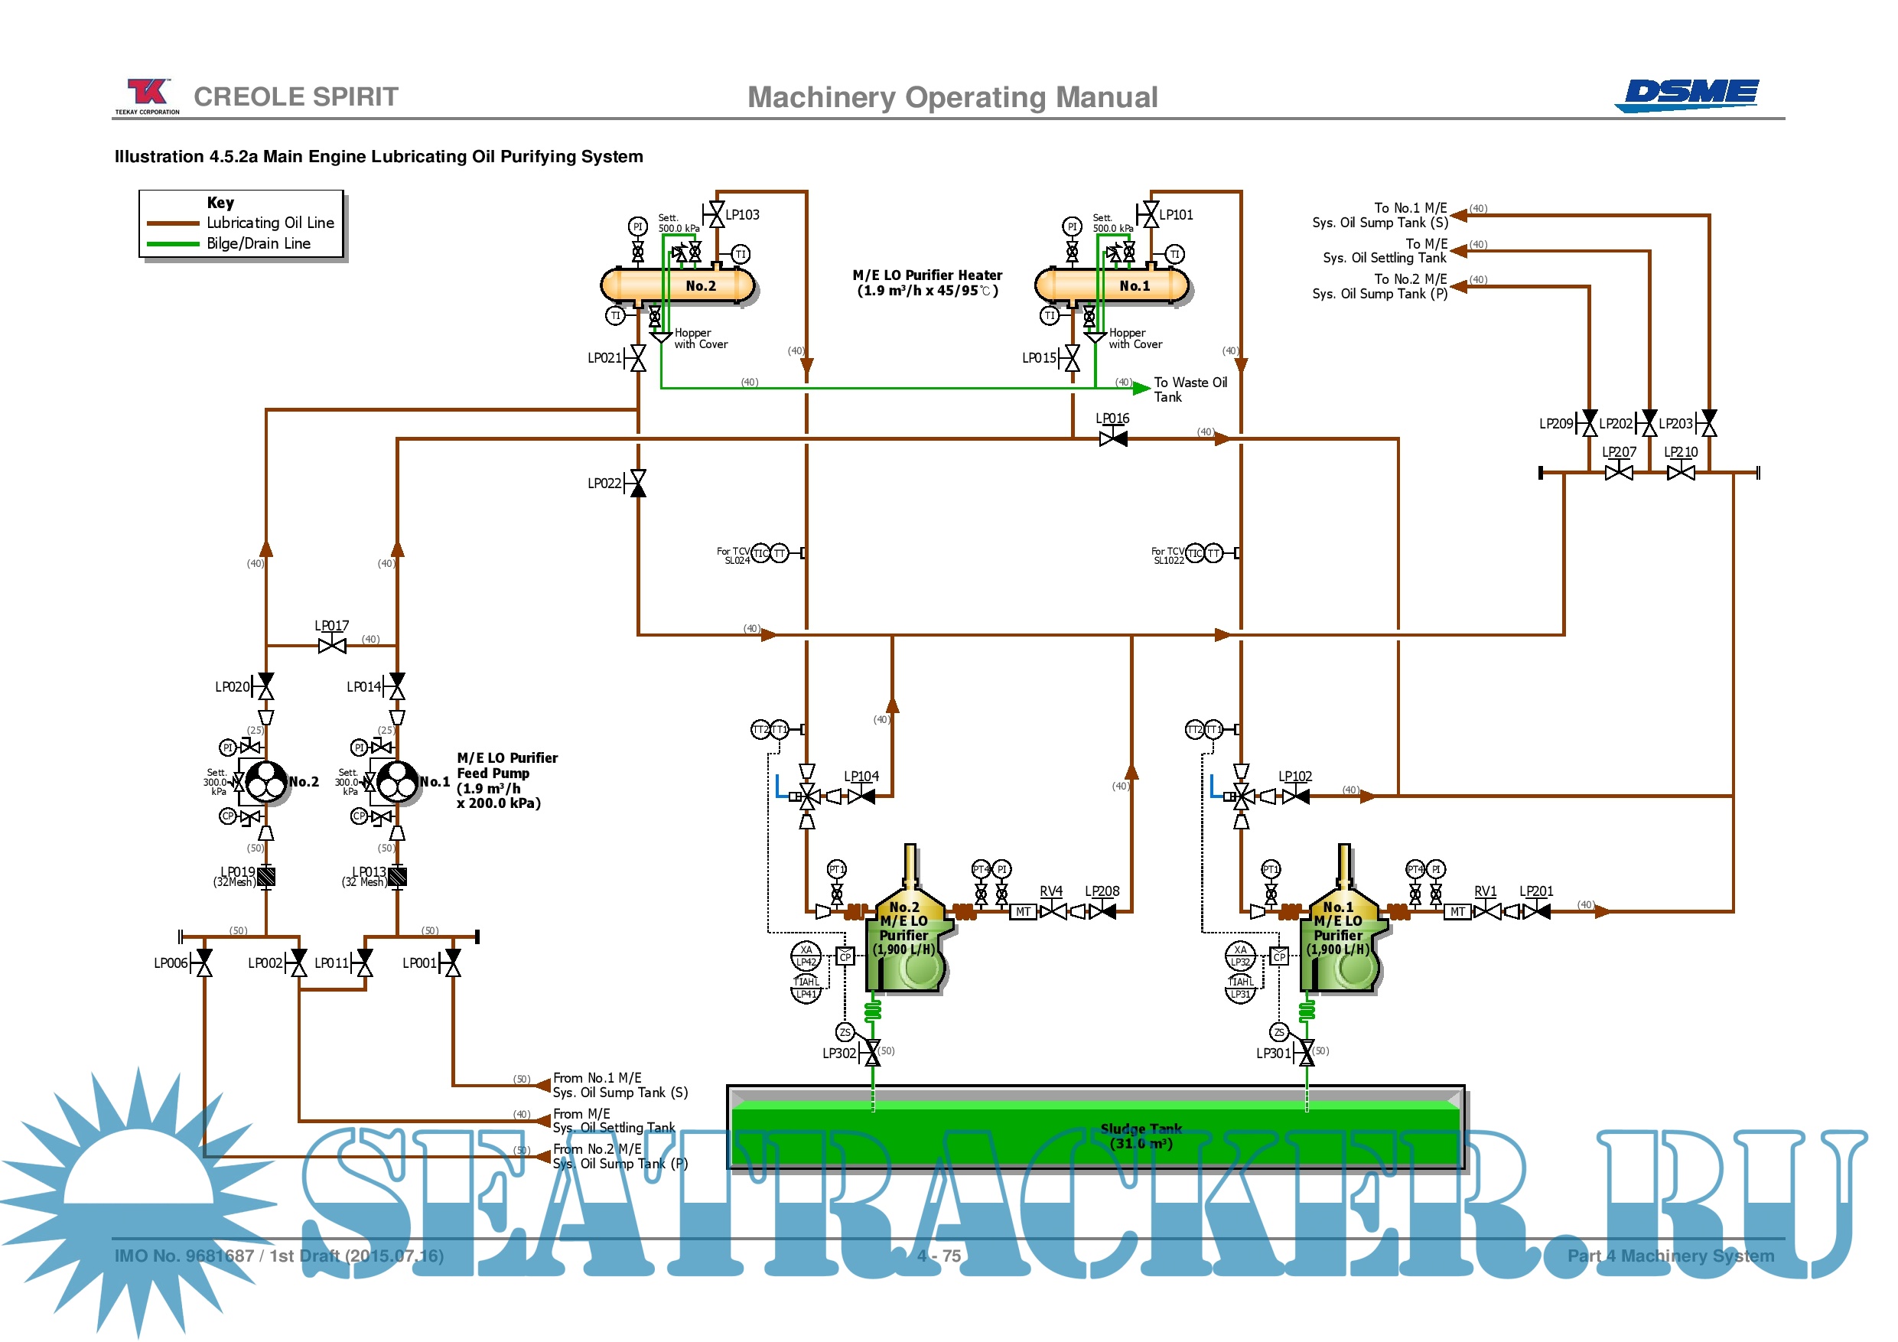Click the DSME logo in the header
pyautogui.click(x=1689, y=94)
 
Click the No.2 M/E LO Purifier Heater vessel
pyautogui.click(x=677, y=285)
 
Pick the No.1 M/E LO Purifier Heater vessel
pyautogui.click(x=1111, y=285)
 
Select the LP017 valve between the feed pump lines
pyautogui.click(x=331, y=645)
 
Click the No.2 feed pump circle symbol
pyautogui.click(x=266, y=781)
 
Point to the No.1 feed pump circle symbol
pyautogui.click(x=398, y=781)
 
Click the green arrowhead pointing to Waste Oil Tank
pyautogui.click(x=1141, y=388)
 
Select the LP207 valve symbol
pyautogui.click(x=1618, y=472)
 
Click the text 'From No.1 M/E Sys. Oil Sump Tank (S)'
pyautogui.click(x=620, y=1085)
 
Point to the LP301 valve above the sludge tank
pyautogui.click(x=1306, y=1053)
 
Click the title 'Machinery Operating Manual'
pyautogui.click(x=952, y=98)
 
